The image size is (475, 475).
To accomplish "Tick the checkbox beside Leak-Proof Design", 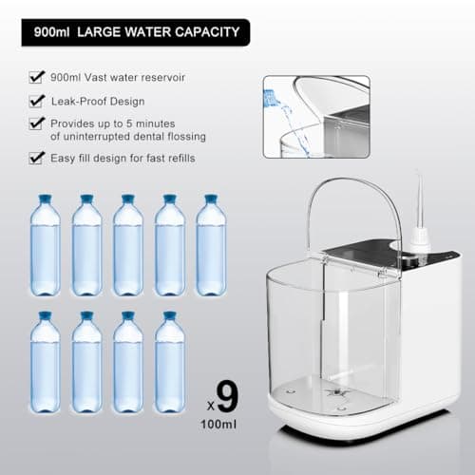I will tap(36, 100).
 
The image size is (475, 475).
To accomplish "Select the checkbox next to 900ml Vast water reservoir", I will tap(36, 75).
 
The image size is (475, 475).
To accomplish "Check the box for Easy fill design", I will tap(36, 157).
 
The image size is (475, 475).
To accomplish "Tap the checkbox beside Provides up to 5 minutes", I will tap(36, 123).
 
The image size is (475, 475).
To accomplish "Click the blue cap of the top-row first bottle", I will tap(45, 199).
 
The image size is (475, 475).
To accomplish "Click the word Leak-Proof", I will tap(80, 100).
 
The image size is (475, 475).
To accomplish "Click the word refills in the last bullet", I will tap(177, 158).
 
